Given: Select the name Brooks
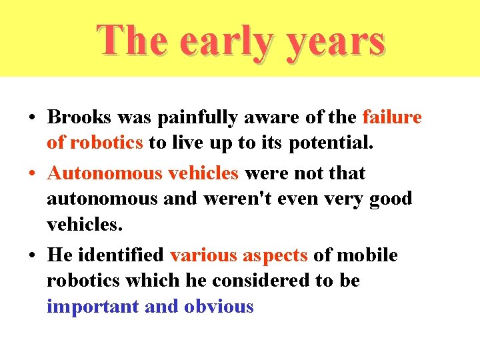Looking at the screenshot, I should coord(79,118).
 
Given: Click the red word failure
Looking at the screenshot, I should coord(392,118).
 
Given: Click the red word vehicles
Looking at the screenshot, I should coord(203,173).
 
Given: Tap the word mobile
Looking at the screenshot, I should coord(367,255).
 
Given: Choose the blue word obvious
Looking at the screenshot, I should coord(219,307).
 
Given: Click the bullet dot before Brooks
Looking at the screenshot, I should coord(31,119).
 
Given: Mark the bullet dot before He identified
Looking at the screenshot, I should coord(31,256).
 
